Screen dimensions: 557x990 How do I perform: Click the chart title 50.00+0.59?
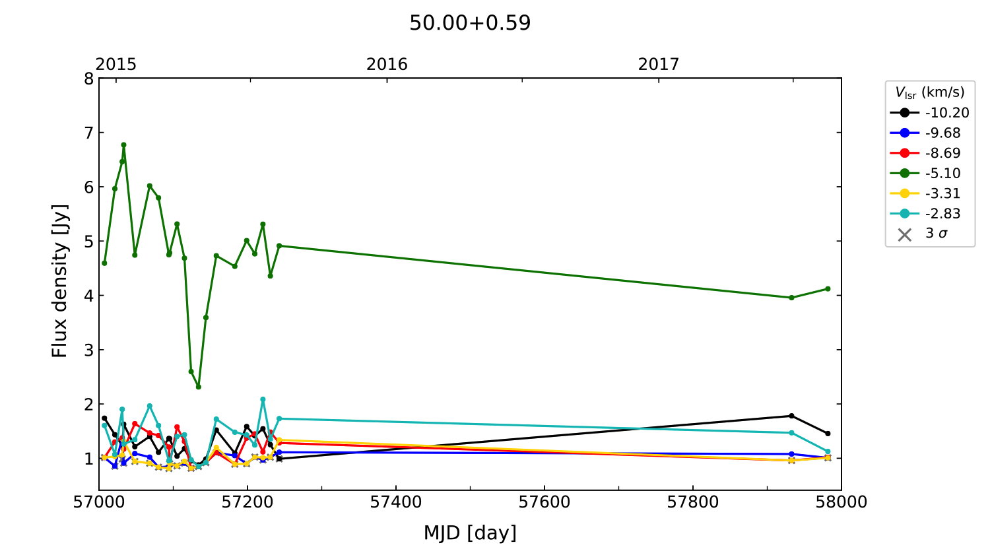pyautogui.click(x=470, y=23)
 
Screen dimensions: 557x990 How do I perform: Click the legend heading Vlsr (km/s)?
pyautogui.click(x=929, y=92)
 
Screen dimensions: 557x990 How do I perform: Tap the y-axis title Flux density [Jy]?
pyautogui.click(x=60, y=280)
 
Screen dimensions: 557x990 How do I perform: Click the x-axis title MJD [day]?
pyautogui.click(x=470, y=533)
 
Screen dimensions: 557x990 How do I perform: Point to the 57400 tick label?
pyautogui.click(x=395, y=502)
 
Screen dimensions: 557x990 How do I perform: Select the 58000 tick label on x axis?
pyautogui.click(x=841, y=502)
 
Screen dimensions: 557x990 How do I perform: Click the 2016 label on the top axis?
pyautogui.click(x=387, y=64)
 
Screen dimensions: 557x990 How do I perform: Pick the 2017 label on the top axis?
pyautogui.click(x=658, y=64)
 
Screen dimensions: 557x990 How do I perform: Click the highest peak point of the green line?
pyautogui.click(x=123, y=145)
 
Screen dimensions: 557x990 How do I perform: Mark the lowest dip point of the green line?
pyautogui.click(x=199, y=387)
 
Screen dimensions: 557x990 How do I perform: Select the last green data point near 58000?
pyautogui.click(x=828, y=288)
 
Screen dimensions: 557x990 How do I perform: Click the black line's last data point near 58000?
pyautogui.click(x=828, y=434)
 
